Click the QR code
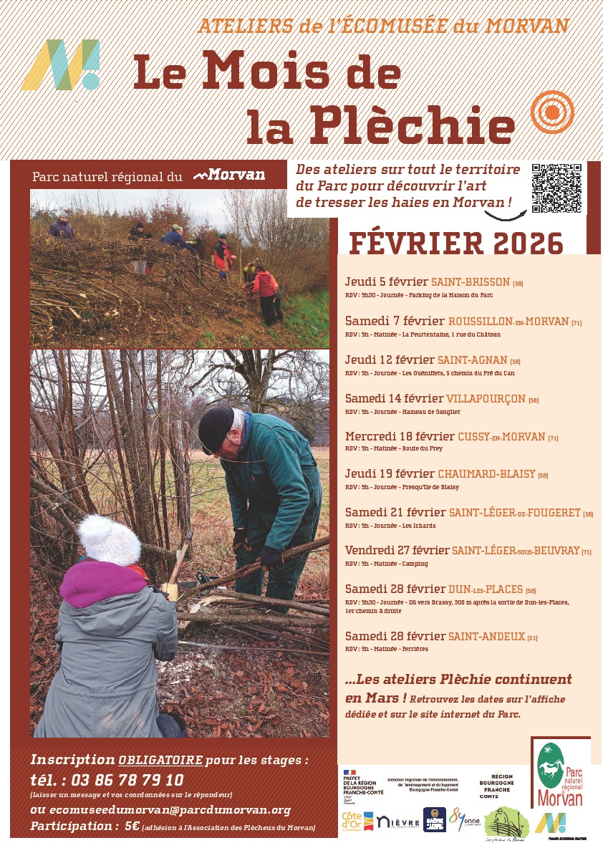(x=556, y=188)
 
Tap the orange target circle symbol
(x=552, y=111)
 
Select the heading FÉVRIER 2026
(x=456, y=244)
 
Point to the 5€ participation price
(x=131, y=826)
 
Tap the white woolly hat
(x=109, y=540)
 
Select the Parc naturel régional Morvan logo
(x=561, y=773)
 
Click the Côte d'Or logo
(x=357, y=821)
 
